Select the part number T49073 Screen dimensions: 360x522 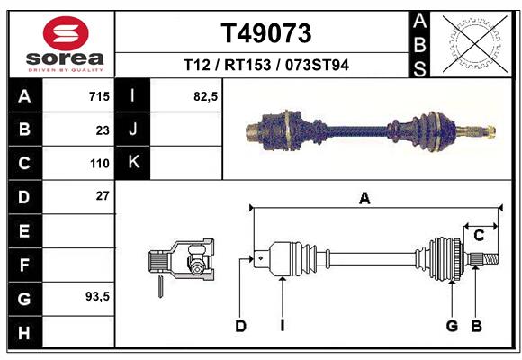266,33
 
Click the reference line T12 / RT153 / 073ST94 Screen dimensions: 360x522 266,66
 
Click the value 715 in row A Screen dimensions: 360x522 98,96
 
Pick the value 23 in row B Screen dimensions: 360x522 102,130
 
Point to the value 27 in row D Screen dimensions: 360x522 102,196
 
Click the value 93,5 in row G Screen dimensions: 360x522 96,296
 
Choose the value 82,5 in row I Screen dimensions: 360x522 206,96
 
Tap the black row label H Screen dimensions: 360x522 23,333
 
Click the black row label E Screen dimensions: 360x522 23,231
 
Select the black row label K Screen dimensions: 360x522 132,164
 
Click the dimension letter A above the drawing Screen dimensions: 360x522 364,199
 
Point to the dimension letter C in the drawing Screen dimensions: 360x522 479,236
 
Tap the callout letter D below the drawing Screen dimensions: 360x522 240,326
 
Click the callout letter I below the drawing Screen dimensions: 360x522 282,326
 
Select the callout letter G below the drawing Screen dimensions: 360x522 452,326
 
